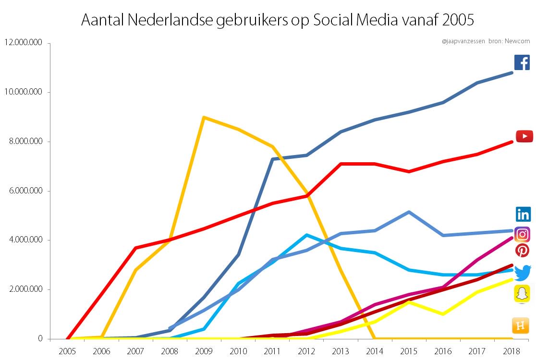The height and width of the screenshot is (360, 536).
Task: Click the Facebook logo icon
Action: [x=522, y=62]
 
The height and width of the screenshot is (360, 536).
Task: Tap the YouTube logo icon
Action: [x=524, y=136]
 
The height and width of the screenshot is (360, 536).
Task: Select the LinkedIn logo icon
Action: [x=523, y=214]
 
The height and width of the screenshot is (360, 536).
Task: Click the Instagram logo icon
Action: [x=522, y=234]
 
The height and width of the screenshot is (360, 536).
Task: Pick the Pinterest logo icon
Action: [x=522, y=250]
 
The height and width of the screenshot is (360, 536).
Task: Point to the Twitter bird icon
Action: [x=523, y=272]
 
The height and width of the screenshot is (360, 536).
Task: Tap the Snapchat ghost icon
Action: [x=522, y=293]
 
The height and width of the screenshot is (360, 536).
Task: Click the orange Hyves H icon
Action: [x=521, y=325]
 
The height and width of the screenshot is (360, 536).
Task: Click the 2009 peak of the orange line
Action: [x=204, y=117]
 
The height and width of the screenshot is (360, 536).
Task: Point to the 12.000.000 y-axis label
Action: [x=23, y=43]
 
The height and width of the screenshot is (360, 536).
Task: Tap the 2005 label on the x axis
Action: [x=67, y=350]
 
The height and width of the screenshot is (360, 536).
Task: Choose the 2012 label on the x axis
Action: [x=306, y=350]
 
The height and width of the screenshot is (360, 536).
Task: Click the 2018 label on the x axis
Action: [x=512, y=350]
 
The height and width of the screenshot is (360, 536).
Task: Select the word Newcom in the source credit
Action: [x=517, y=41]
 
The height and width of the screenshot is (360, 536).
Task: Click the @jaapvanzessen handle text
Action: [x=463, y=41]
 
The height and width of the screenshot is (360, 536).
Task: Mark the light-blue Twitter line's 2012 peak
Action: [x=306, y=235]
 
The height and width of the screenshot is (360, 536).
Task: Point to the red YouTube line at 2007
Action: [x=136, y=248]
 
